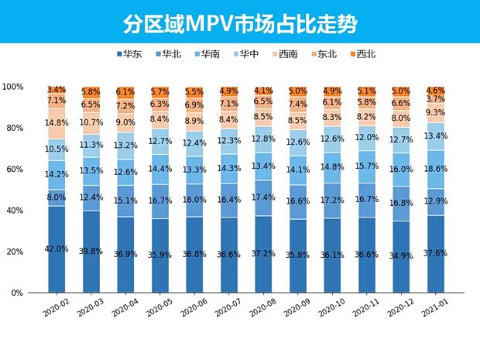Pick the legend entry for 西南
tap(283, 54)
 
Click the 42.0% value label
tap(57, 249)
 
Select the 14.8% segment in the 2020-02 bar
tap(57, 122)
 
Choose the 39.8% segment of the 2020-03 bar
tap(91, 251)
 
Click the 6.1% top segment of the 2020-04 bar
tap(125, 91)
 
